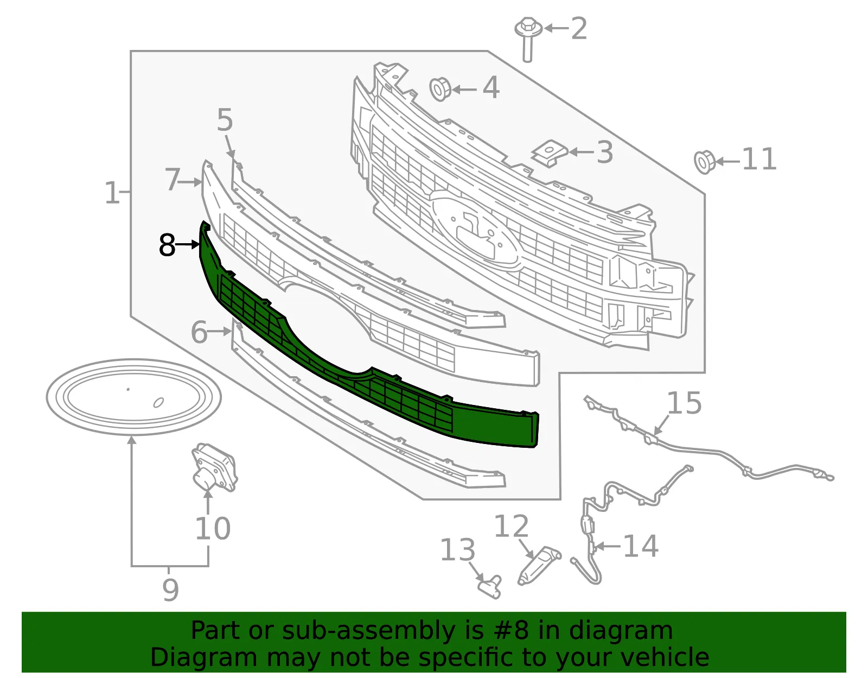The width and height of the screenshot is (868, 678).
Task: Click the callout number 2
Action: [579, 28]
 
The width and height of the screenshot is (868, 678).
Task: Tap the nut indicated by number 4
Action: [440, 90]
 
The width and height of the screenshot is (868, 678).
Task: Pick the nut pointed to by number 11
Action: [704, 162]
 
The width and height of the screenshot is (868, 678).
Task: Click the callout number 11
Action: [759, 159]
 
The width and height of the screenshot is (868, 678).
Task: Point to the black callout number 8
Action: [167, 245]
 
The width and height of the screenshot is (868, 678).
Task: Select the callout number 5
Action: [225, 119]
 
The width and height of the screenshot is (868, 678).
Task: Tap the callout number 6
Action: [199, 332]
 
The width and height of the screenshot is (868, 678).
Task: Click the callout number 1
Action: [112, 193]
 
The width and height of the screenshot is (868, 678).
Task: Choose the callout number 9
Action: [170, 590]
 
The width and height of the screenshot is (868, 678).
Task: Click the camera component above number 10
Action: [214, 467]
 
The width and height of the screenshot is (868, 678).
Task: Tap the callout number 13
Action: [458, 550]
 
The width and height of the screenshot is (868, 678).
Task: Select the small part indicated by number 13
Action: [489, 586]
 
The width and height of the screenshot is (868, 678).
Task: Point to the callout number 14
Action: [641, 546]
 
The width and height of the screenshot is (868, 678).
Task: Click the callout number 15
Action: [684, 403]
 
